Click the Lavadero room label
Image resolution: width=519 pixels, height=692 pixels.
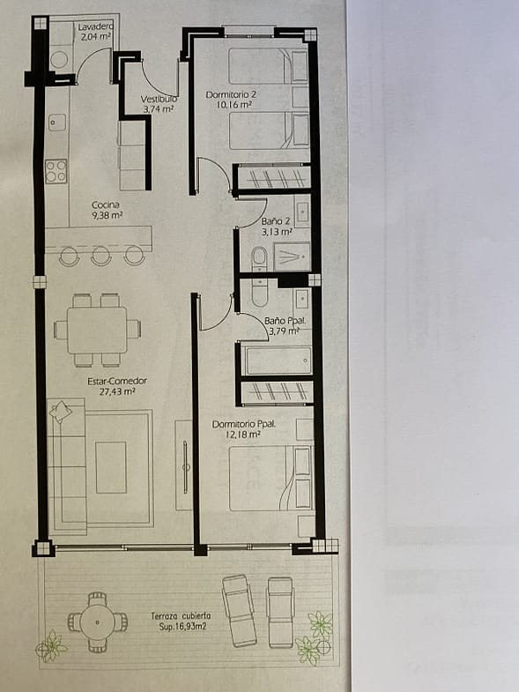[95, 27]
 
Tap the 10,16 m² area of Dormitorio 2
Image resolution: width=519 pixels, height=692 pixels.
[234, 105]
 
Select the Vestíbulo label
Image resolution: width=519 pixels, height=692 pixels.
[159, 99]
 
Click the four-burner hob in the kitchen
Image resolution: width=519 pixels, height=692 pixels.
[56, 171]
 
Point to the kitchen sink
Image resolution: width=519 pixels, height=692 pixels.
[56, 123]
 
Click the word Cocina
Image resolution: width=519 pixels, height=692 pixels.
[106, 205]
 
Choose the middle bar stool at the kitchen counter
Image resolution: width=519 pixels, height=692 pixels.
[101, 255]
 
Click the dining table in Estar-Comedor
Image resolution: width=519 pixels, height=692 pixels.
[97, 330]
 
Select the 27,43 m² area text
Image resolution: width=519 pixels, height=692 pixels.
[117, 391]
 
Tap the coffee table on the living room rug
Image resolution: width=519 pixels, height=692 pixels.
[111, 467]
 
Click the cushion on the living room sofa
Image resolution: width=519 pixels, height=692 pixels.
[61, 412]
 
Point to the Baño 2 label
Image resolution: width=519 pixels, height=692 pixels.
[276, 221]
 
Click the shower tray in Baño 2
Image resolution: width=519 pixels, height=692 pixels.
[292, 257]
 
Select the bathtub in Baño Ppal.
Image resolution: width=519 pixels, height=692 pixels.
[277, 361]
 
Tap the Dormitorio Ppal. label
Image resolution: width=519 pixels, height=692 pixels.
[243, 424]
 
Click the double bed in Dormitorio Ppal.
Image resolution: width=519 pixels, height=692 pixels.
[271, 479]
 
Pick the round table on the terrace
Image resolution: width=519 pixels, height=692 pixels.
[98, 621]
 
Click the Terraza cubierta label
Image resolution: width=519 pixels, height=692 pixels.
[181, 615]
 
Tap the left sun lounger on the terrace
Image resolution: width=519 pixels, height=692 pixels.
[239, 610]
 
